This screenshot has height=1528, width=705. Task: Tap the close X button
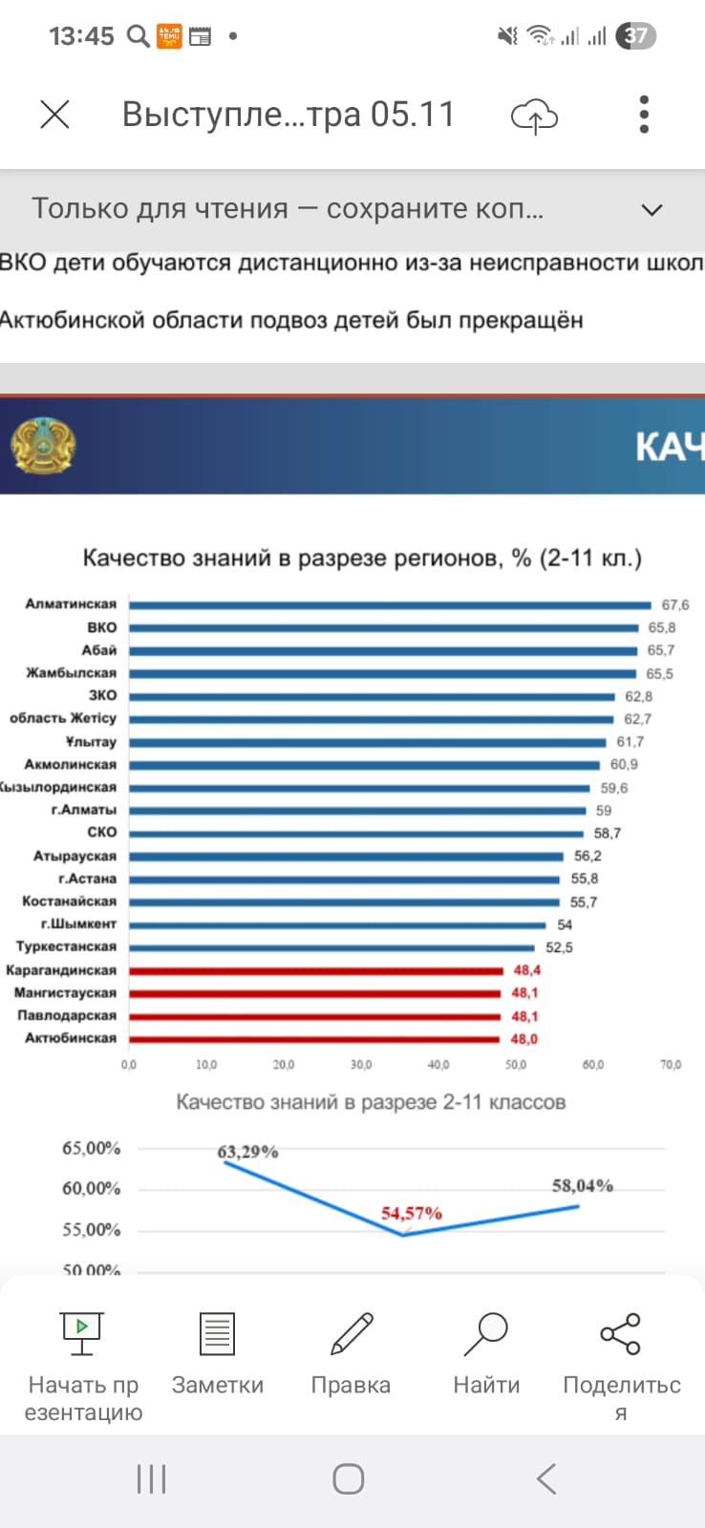click(x=55, y=115)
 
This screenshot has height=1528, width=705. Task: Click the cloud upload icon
click(x=534, y=116)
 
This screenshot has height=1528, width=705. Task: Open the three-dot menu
click(x=645, y=115)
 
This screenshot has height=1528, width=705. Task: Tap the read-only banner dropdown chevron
click(x=652, y=209)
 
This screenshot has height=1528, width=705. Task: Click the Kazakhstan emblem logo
click(x=43, y=445)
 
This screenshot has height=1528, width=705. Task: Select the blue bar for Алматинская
click(x=390, y=605)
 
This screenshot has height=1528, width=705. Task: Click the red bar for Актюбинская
click(x=315, y=1039)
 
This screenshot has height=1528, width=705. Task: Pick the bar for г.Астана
click(x=344, y=879)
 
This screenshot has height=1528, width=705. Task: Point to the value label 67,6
click(x=674, y=605)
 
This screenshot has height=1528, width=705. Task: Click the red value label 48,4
click(x=526, y=970)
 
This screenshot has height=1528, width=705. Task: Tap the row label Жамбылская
click(x=72, y=673)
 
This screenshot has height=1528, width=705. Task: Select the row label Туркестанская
click(x=67, y=947)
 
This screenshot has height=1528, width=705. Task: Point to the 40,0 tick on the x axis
click(x=438, y=1064)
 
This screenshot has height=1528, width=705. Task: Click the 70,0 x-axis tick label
click(x=671, y=1064)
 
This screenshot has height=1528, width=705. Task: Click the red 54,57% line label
click(x=412, y=1213)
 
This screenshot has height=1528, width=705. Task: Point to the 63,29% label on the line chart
click(x=247, y=1152)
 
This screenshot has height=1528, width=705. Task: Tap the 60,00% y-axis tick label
click(x=92, y=1189)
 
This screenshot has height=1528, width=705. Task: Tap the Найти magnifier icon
click(x=486, y=1333)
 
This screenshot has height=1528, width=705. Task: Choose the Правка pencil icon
click(x=351, y=1333)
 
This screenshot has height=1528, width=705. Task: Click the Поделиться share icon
click(x=621, y=1333)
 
